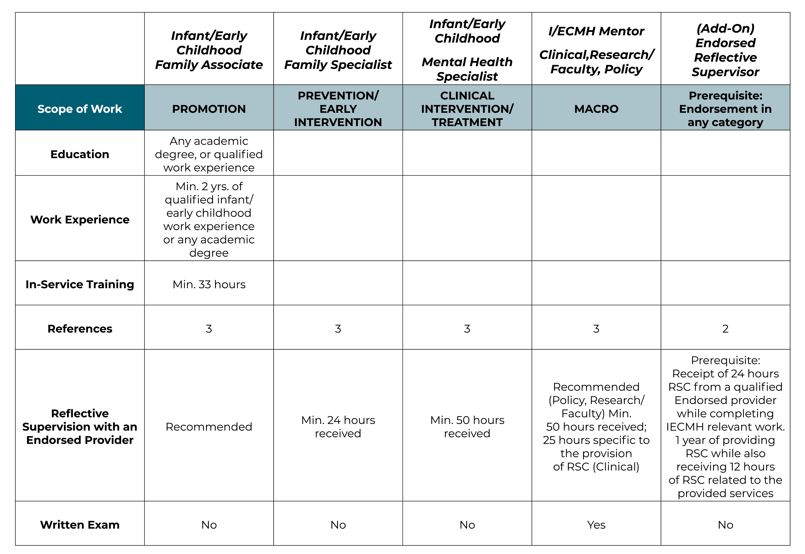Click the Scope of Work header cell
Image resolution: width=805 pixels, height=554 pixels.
(80, 109)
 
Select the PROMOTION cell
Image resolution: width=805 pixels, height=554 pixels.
(209, 109)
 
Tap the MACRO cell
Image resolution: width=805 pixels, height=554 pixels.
(596, 109)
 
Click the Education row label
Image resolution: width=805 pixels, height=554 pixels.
(80, 154)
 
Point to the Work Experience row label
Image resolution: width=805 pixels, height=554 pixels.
(80, 219)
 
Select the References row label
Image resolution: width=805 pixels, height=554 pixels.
(80, 328)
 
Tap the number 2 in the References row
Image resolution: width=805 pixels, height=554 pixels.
(725, 328)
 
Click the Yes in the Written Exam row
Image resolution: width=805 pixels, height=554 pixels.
(596, 525)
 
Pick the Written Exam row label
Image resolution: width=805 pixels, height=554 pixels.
(80, 525)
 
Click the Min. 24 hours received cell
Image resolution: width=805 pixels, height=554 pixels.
(338, 427)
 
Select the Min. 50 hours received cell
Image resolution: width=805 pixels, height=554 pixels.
(467, 427)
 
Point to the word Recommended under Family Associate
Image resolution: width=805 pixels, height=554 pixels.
(209, 427)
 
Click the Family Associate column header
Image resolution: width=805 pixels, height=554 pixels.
(209, 50)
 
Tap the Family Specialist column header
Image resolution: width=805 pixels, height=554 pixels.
(338, 50)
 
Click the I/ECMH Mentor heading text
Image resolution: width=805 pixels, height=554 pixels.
(596, 31)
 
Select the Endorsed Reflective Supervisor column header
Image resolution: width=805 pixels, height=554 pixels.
(725, 50)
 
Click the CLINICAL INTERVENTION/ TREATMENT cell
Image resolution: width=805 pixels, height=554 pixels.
(467, 109)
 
